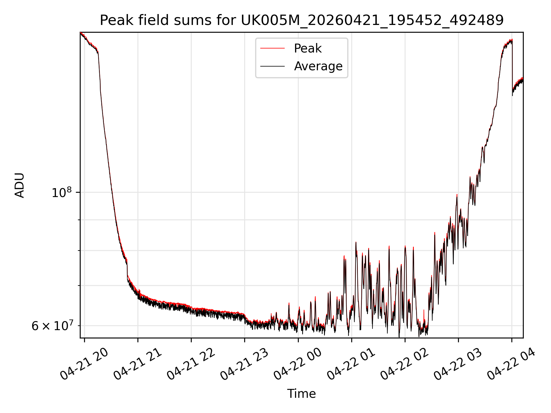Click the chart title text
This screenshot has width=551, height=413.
click(x=302, y=20)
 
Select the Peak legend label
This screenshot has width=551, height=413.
click(x=308, y=48)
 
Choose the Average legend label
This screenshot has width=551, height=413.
click(x=318, y=66)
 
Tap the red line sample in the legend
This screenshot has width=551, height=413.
click(x=272, y=48)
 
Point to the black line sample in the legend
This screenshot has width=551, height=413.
click(x=272, y=66)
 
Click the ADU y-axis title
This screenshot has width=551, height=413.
click(x=20, y=185)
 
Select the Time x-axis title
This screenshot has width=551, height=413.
click(x=302, y=394)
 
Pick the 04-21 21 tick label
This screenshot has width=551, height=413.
click(x=137, y=364)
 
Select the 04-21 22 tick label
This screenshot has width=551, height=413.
click(x=191, y=364)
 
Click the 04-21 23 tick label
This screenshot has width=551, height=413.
click(x=244, y=364)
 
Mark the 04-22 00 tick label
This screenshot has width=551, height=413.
click(x=298, y=364)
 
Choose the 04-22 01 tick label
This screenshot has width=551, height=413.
click(x=351, y=364)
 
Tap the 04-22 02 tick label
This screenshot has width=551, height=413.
click(x=404, y=364)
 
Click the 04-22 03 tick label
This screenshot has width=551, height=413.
click(x=458, y=364)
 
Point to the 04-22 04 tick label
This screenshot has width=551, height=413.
click(x=511, y=364)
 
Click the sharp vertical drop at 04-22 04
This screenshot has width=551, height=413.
click(x=513, y=67)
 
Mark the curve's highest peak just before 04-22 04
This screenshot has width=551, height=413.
click(x=512, y=40)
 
